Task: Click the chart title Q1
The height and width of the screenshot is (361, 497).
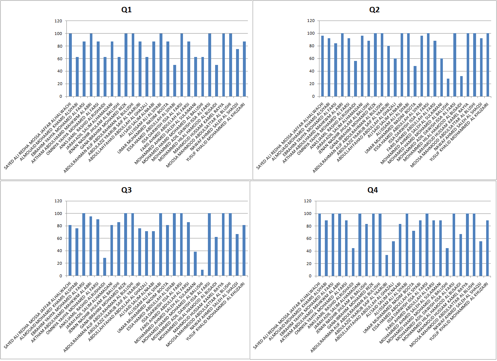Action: tap(126, 10)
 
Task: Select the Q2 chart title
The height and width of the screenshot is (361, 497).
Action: tap(374, 10)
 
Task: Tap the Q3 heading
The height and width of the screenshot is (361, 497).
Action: tap(126, 190)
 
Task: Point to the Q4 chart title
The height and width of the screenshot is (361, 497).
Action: tap(372, 190)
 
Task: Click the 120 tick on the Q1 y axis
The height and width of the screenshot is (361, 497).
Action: tap(58, 21)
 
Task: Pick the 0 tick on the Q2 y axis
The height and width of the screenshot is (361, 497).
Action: tap(313, 96)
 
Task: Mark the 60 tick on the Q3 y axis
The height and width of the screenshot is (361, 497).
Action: tap(58, 238)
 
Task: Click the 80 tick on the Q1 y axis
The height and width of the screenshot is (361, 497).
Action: tap(58, 46)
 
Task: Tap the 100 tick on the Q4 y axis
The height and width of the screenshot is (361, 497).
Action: tap(308, 213)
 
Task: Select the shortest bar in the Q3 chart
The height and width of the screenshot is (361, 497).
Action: tap(202, 273)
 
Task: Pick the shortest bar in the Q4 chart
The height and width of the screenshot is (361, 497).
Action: tap(387, 265)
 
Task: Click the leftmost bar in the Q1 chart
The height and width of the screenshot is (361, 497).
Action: tap(70, 65)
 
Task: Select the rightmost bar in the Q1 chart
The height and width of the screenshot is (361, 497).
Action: tap(244, 69)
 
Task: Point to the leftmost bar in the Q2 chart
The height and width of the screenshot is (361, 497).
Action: tap(322, 66)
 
